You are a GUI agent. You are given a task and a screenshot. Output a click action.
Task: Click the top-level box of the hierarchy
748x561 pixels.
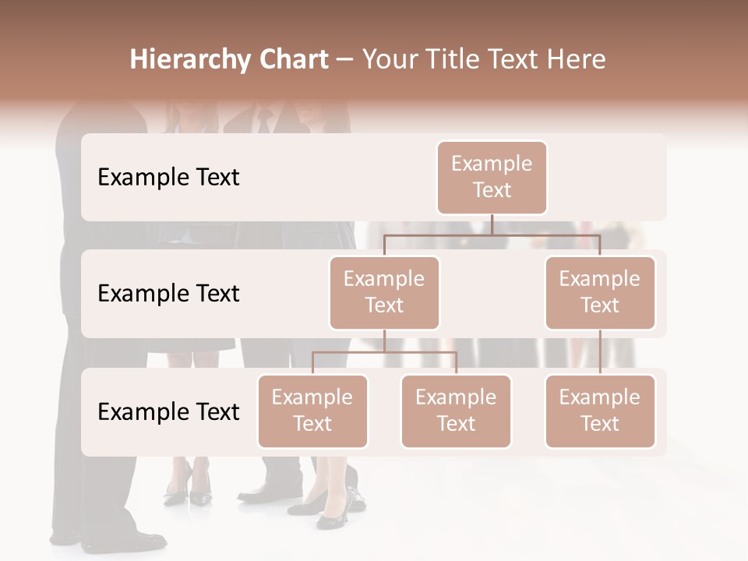tap(492, 177)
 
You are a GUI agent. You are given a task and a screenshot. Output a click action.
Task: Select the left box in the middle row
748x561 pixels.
tap(384, 292)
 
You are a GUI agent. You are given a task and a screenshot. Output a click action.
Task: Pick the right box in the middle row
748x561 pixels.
tap(600, 292)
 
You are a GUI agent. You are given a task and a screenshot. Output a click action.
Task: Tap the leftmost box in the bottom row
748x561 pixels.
tap(312, 411)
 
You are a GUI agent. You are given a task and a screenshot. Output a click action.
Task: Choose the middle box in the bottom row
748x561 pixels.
tap(456, 411)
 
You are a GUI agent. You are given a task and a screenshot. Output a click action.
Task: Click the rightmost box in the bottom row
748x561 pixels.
tap(600, 411)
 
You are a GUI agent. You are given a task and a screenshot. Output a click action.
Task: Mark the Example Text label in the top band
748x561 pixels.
tap(168, 178)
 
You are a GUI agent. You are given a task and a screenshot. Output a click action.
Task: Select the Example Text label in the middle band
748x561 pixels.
tap(168, 294)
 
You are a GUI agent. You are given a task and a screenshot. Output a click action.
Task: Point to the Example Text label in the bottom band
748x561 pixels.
tap(168, 412)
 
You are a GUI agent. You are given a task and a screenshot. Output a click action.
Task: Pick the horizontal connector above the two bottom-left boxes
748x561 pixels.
tap(384, 352)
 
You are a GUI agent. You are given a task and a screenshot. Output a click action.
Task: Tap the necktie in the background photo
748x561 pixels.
tap(265, 121)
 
